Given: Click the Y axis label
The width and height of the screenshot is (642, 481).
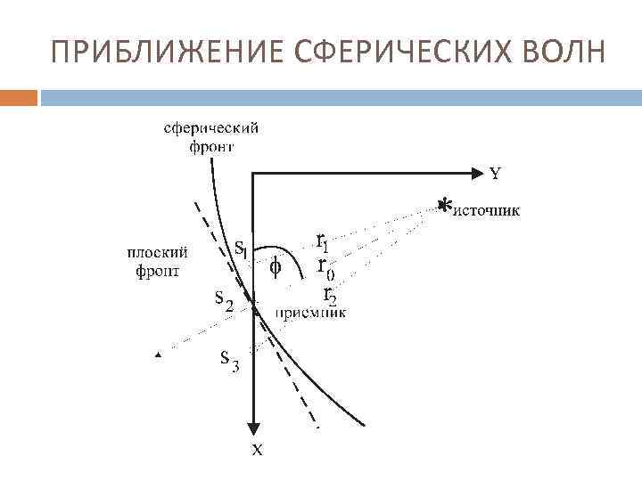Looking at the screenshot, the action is coord(496,174).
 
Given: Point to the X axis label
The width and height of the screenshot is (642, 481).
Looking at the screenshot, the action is coord(257,451).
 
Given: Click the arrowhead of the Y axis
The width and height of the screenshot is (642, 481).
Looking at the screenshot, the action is coord(475,172).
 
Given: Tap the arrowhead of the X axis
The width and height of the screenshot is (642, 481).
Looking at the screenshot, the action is coord(255,427).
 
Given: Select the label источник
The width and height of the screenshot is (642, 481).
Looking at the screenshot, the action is coord(488,211).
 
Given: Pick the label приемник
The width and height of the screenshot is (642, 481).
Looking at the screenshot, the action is coord(309,312).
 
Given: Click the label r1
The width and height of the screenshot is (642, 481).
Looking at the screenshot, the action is coord(324,240).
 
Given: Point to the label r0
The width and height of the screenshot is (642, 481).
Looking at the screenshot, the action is coord(327,266).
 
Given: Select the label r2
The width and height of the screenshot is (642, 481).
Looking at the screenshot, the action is coord(329,293).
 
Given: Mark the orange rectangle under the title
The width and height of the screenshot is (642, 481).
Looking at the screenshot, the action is coord(19,96).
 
